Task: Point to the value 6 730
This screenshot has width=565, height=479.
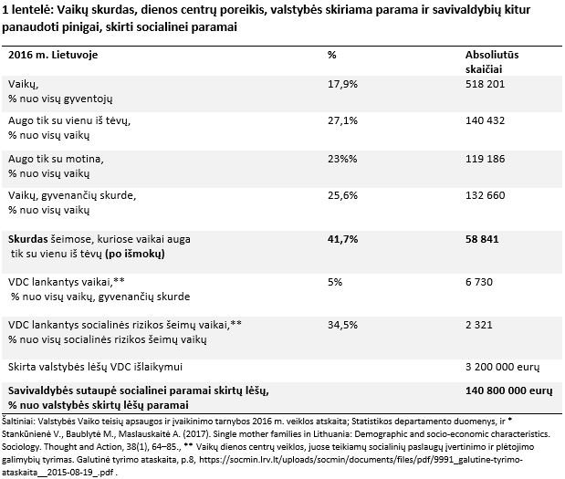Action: coord(479,283)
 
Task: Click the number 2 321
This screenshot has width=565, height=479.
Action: coord(479,325)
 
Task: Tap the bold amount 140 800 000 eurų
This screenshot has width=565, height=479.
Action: coord(507,390)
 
